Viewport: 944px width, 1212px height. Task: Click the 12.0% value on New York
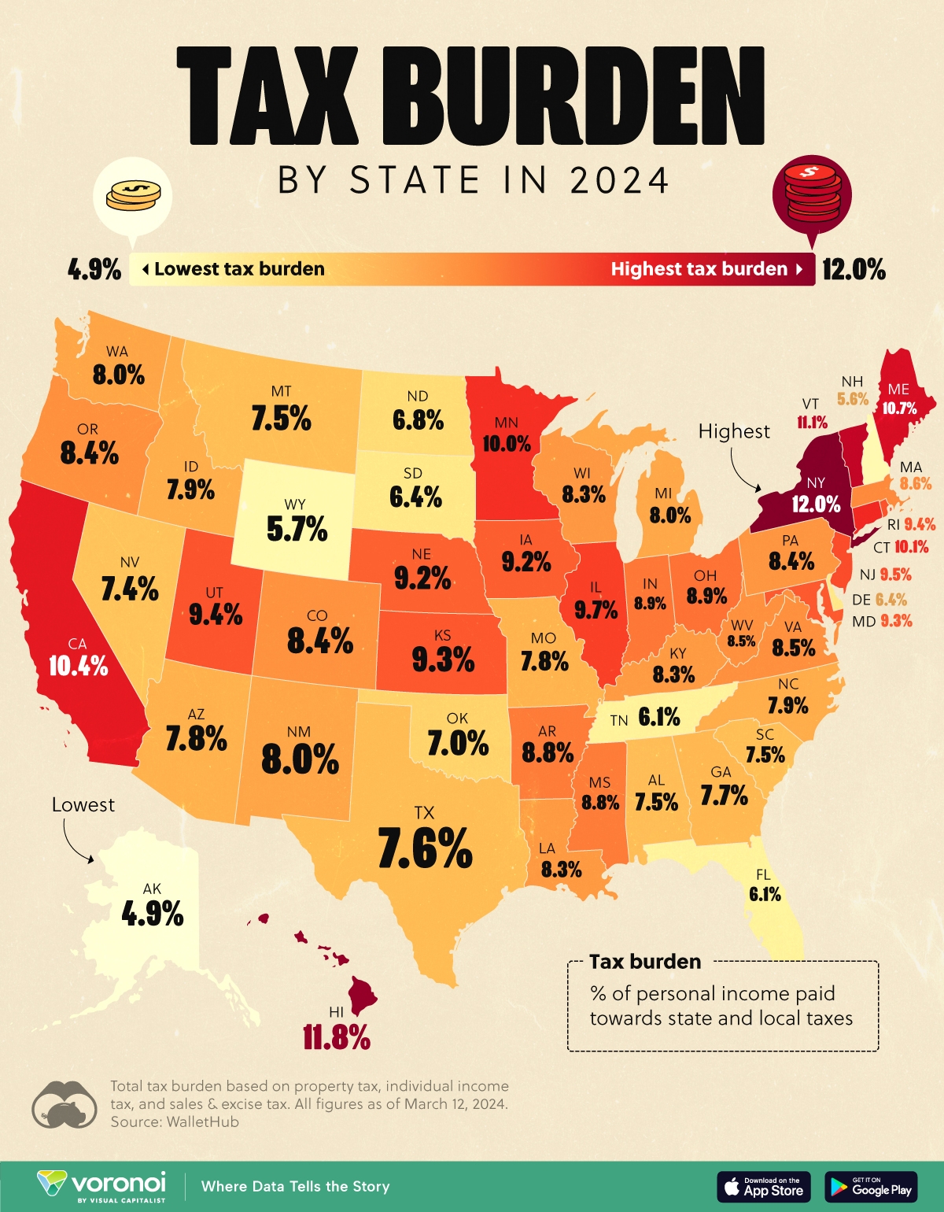816,504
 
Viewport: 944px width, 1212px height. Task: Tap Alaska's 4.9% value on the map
153,914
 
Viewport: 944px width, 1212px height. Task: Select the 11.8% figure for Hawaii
337,1038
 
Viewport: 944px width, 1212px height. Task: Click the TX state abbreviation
424,813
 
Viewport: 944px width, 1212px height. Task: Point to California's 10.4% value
78,666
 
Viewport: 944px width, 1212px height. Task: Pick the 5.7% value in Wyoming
297,529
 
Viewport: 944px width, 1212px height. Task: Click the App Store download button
764,1187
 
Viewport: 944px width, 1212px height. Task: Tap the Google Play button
872,1187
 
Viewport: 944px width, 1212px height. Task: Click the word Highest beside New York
734,431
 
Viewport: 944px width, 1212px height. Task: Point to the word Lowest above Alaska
83,805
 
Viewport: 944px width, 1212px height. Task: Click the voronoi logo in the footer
102,1186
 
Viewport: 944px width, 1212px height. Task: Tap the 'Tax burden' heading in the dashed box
645,962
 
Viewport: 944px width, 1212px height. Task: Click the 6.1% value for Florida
765,894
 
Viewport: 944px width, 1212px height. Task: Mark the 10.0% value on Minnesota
507,443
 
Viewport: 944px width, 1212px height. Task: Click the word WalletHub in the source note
202,1121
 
